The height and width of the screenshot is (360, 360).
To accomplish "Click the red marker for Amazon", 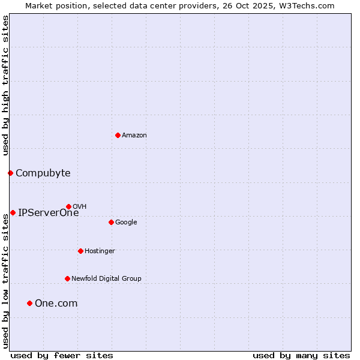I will click(118, 135).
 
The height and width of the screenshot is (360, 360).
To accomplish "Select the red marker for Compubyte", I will click(10, 173).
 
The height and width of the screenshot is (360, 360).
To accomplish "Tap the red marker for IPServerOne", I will click(13, 212).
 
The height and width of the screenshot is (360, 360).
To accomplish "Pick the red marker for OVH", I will click(68, 206).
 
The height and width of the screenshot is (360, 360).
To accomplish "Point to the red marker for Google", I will click(111, 222).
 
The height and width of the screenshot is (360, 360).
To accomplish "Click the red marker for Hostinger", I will click(80, 251).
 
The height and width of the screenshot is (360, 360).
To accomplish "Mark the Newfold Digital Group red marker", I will click(67, 278).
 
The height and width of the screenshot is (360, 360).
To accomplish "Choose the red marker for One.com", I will click(29, 303).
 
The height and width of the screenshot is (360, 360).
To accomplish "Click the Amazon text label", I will click(134, 136).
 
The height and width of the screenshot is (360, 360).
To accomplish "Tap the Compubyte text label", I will click(43, 173).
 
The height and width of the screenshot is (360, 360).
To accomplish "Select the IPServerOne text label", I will click(48, 212).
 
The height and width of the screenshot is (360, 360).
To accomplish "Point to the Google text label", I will click(126, 223).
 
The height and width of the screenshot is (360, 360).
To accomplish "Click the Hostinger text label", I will click(100, 251).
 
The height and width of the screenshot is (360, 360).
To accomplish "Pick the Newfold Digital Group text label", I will click(106, 278).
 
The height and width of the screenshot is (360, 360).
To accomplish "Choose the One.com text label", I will click(56, 304).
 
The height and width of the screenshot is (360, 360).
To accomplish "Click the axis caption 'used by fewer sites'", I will click(62, 356).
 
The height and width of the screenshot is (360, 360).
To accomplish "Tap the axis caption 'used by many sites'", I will click(301, 356).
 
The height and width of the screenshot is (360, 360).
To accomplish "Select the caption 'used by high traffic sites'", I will click(5, 86).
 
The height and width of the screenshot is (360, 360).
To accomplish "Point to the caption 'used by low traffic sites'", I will click(5, 281).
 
